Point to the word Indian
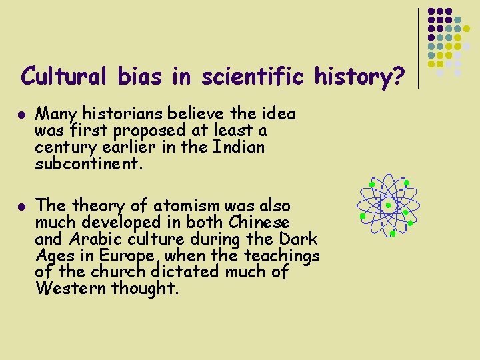pyautogui.click(x=238, y=146)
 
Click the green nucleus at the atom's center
pyautogui.click(x=387, y=206)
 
